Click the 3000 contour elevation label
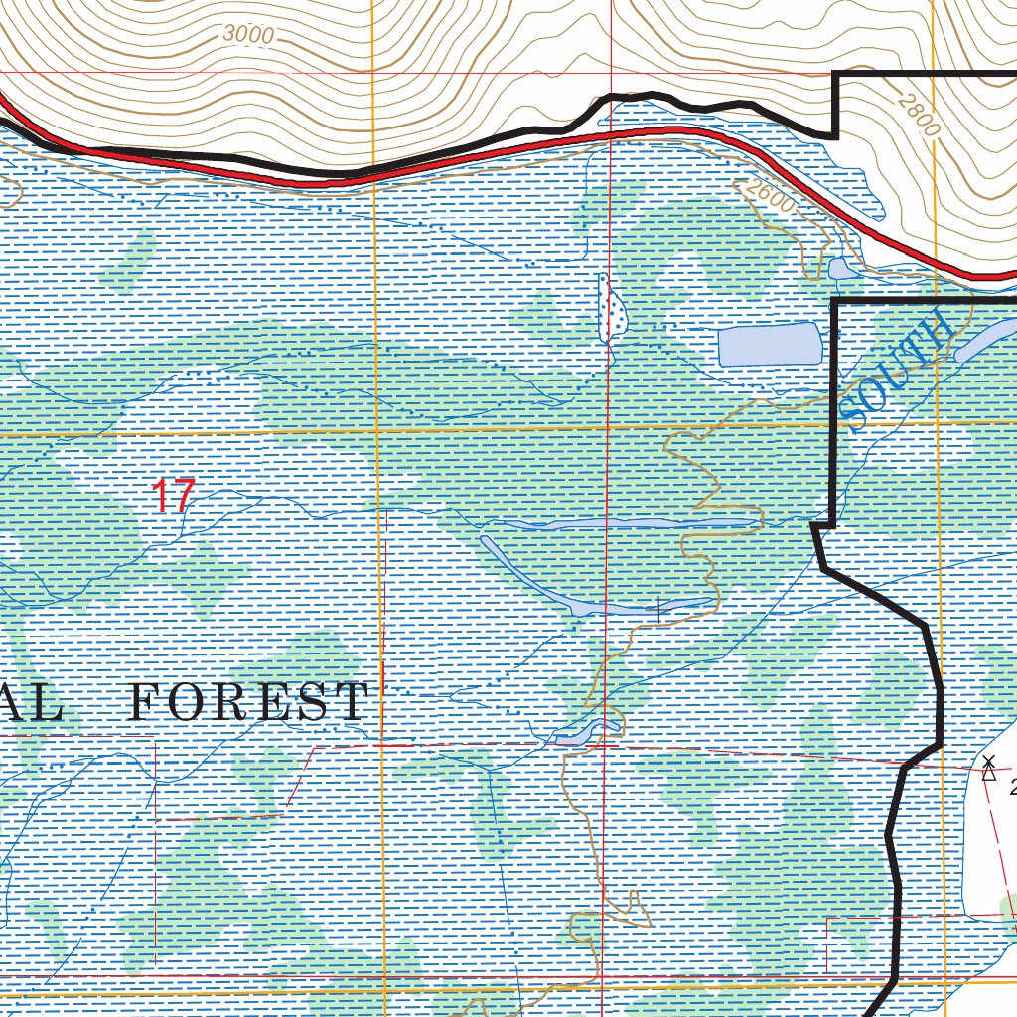[x=247, y=34]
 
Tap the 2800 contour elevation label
[x=916, y=115]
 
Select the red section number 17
[x=173, y=496]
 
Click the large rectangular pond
[x=770, y=345]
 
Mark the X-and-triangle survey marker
[x=988, y=767]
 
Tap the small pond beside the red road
[x=839, y=269]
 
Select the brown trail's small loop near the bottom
[x=626, y=909]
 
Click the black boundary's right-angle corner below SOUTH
[x=832, y=522]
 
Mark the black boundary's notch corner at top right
[x=836, y=134]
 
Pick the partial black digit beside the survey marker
[x=1011, y=788]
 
